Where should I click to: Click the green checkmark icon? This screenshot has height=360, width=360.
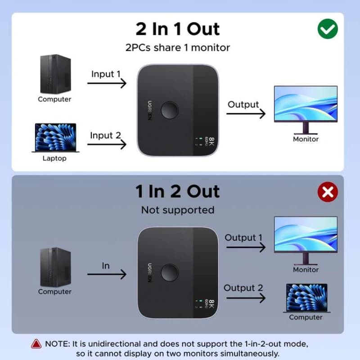pos(328,29)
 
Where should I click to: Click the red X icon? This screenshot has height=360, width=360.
pos(328,192)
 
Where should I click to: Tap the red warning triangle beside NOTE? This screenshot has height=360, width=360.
pos(36,344)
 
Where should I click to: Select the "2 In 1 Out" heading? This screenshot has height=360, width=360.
pos(178,29)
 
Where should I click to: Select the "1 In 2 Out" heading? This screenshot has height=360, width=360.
pos(178,191)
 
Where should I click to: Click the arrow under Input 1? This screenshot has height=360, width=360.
pos(107,83)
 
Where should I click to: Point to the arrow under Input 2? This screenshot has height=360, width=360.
pos(107,144)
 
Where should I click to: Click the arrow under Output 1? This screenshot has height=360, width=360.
pos(246,247)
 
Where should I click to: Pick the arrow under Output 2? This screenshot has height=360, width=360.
pos(246,298)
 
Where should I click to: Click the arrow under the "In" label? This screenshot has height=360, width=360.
pos(107,274)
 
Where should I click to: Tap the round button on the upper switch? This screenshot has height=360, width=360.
pos(170,110)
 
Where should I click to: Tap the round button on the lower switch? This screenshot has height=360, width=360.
pos(170,273)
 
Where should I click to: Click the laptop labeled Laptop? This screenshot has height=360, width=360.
pos(55,138)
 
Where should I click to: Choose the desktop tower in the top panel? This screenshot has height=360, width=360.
pos(55,74)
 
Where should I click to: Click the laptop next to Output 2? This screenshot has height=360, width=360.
pos(307,298)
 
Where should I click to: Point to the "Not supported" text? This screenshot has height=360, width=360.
pos(178,210)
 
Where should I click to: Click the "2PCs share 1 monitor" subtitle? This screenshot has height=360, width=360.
pos(178,48)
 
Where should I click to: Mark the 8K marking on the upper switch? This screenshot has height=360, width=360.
pos(211,141)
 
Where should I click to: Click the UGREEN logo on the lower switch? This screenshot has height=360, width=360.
pos(149,273)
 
